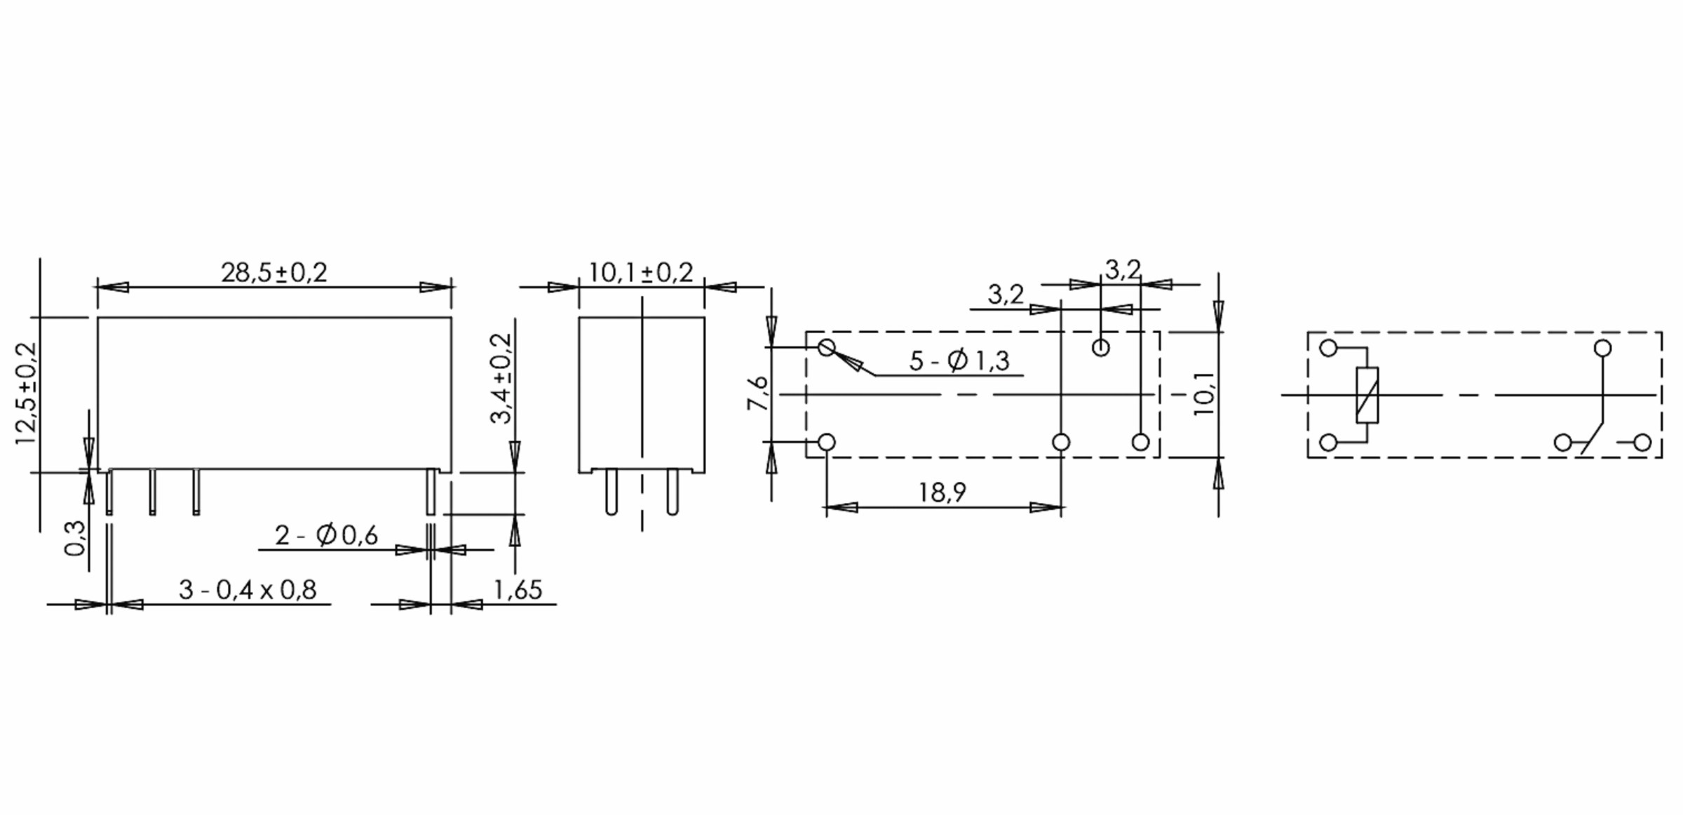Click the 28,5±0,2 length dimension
274,273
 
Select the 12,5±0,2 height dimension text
27,393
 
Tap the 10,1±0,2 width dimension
640,273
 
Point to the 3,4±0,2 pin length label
502,378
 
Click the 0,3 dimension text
75,538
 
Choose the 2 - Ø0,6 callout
326,536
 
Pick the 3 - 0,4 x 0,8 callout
248,590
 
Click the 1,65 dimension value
518,590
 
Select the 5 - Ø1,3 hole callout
959,361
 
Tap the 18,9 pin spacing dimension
942,492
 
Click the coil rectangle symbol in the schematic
1367,395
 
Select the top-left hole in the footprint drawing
827,347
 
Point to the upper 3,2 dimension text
1123,269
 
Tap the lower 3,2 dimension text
1006,295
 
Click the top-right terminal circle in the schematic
1602,348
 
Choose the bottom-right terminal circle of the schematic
1642,443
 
